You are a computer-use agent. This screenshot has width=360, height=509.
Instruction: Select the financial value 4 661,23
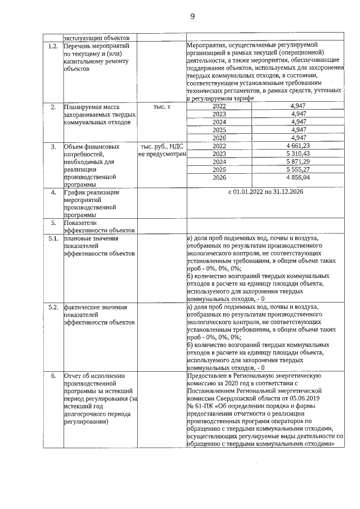(298, 146)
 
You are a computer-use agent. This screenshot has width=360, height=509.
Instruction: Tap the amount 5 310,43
(298, 154)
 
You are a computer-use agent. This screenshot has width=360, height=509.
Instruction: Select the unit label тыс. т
(161, 106)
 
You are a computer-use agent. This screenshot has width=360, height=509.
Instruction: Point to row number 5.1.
(53, 238)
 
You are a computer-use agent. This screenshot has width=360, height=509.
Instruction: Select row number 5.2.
(53, 307)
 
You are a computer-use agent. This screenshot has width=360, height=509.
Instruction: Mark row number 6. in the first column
(53, 375)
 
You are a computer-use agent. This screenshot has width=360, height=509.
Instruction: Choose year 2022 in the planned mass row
(219, 106)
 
